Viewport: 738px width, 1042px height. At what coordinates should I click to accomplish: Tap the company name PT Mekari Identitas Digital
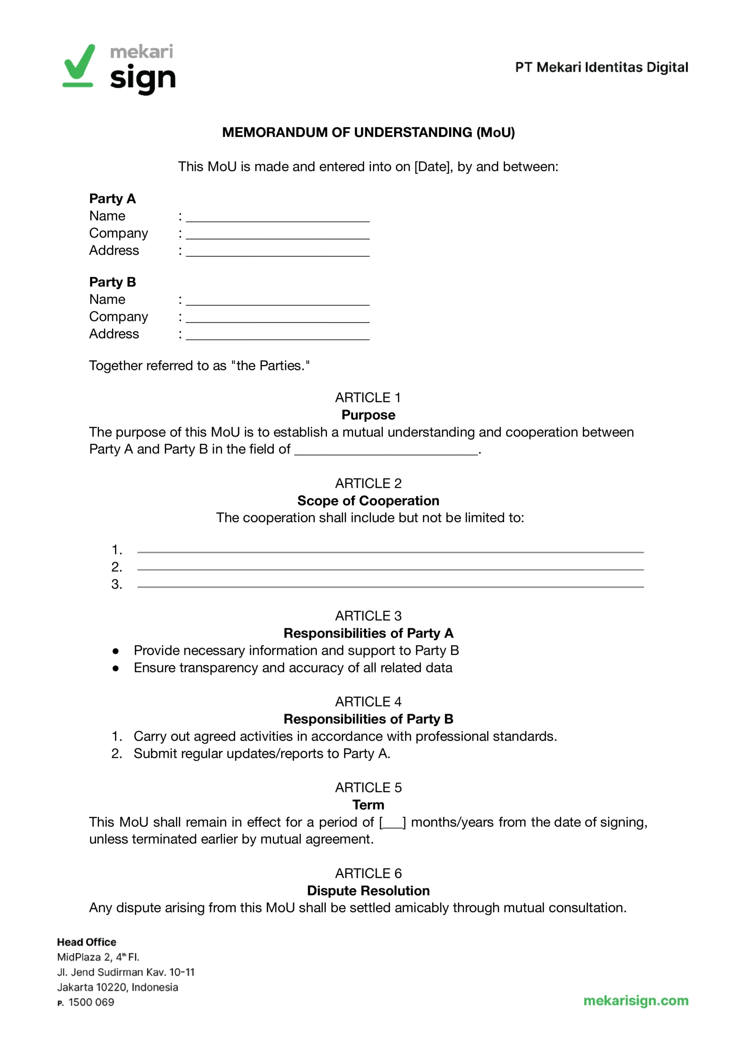tap(601, 67)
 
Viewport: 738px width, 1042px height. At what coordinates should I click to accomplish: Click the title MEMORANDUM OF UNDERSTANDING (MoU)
tap(368, 132)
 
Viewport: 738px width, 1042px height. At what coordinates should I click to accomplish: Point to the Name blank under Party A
tap(278, 217)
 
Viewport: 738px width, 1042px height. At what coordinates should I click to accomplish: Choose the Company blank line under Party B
tap(278, 318)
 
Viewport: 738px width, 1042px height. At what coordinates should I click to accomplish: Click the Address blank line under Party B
tap(278, 335)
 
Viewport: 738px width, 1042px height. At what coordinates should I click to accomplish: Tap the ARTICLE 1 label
tap(368, 397)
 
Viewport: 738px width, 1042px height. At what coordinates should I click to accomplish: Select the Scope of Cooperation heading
tap(368, 500)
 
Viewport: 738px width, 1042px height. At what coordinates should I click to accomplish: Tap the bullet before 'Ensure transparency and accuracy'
tap(116, 668)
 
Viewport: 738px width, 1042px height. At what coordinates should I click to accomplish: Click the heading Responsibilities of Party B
tap(368, 719)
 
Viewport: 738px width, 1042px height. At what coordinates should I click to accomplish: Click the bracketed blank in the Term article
tap(393, 822)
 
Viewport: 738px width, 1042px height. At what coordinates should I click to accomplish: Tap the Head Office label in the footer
tap(86, 942)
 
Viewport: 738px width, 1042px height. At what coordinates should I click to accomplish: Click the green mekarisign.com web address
tap(636, 1000)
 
